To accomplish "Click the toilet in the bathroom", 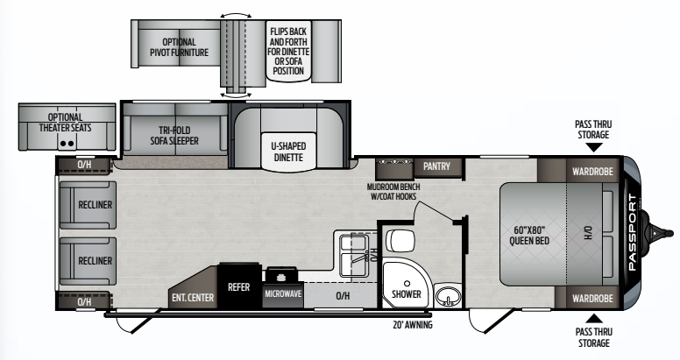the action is [400, 241].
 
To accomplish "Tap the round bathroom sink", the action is [448, 296].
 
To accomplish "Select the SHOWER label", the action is [407, 294].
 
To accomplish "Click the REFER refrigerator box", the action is [239, 286].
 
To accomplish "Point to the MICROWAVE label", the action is [283, 293].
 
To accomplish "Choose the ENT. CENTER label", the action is [193, 298].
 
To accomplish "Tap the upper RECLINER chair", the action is [88, 205].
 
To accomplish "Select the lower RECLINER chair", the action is [88, 261].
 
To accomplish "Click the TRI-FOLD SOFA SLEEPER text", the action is [174, 135].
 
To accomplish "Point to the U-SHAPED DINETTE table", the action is [289, 151].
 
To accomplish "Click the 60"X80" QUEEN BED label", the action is [529, 235].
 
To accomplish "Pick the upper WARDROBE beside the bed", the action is [592, 171].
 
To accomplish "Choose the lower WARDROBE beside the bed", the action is [592, 298].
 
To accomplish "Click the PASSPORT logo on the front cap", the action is [632, 232].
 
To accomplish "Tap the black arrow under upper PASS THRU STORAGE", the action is [594, 147].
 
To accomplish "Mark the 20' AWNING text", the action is [413, 324].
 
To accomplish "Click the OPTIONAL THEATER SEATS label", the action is [65, 123].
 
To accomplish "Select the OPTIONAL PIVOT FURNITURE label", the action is [179, 47].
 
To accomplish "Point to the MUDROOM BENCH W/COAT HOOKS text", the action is [393, 191].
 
